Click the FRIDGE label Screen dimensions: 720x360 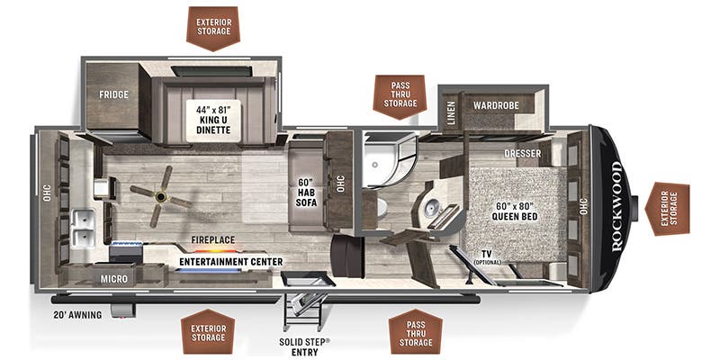coord(114,94)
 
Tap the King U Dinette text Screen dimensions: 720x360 coord(213,120)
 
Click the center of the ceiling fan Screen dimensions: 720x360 coord(161,197)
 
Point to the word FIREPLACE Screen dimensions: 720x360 coord(213,239)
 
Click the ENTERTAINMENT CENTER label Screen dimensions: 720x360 coord(231,262)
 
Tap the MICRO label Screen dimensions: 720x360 coord(114,279)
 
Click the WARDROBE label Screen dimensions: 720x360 coord(497,105)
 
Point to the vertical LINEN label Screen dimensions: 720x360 coord(451,113)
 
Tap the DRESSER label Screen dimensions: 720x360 coord(523,153)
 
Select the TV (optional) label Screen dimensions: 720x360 coord(488,257)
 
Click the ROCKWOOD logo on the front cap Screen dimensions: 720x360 coord(616,206)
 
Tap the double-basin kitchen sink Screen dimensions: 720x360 coord(84,229)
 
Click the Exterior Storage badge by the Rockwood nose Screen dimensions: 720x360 coord(667,209)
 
